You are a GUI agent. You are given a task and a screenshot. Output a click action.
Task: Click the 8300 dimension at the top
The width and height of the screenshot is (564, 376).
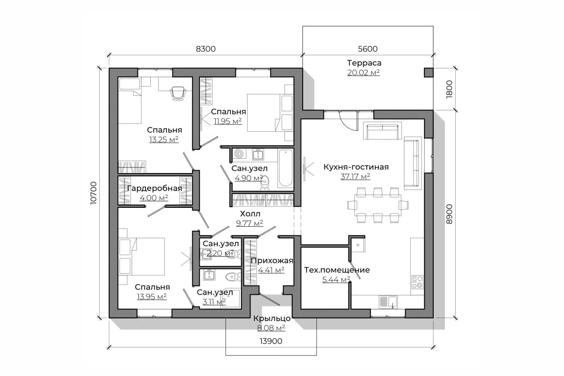click(x=206, y=49)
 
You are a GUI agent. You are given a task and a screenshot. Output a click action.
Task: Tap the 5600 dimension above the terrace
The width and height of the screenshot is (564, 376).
click(x=368, y=49)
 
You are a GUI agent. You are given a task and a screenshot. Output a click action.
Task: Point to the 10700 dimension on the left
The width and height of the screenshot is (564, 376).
click(x=94, y=193)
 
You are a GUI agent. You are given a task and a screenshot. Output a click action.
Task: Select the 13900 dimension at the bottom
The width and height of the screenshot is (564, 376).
click(x=271, y=341)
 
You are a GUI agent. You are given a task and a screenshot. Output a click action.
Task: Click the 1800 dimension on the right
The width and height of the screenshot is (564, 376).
click(x=449, y=90)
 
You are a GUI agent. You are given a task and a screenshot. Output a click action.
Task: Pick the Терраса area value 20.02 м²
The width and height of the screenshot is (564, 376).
click(x=364, y=73)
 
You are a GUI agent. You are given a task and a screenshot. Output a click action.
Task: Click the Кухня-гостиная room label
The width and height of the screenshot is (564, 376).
click(x=356, y=167)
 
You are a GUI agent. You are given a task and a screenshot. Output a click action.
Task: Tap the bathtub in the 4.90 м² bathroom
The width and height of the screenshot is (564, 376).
click(x=285, y=168)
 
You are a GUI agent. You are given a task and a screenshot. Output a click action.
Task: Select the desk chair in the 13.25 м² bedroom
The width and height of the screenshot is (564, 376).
click(x=178, y=93)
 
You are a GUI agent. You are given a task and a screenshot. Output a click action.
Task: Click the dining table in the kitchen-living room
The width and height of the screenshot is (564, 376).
click(x=378, y=205)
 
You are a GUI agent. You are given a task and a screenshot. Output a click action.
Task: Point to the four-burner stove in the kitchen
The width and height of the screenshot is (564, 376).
click(x=417, y=282)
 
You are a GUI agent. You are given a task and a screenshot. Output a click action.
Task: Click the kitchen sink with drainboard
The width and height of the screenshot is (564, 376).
click(x=388, y=302)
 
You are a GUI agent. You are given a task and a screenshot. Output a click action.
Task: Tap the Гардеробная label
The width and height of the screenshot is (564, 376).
click(x=154, y=188)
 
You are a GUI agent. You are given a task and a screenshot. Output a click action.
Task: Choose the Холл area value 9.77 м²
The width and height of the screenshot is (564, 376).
click(x=249, y=223)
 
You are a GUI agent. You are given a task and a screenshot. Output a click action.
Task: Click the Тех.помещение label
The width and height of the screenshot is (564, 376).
click(x=337, y=270)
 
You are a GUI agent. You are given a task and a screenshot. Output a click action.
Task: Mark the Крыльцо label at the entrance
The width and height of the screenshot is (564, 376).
click(x=272, y=318)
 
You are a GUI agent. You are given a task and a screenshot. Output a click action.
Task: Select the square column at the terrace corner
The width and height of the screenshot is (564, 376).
click(x=429, y=72)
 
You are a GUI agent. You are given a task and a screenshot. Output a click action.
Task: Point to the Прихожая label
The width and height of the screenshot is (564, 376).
click(x=272, y=261)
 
